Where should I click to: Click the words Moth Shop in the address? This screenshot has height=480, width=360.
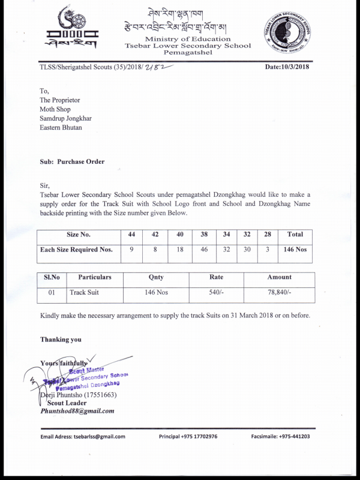point(55,110)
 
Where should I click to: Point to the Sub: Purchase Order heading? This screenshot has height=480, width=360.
point(72,161)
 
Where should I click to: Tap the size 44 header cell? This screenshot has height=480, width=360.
point(131,235)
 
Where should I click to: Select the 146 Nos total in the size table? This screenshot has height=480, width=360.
point(295,250)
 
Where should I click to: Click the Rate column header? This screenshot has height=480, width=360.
point(216,277)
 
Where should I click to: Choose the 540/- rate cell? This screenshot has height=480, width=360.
point(216,292)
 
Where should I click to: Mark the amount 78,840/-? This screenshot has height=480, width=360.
point(280,292)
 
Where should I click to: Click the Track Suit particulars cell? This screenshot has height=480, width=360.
point(84,292)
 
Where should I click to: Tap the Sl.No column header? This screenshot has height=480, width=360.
point(48,277)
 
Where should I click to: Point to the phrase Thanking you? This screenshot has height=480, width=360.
point(61,340)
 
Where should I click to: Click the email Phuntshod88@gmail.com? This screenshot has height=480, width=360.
point(77,411)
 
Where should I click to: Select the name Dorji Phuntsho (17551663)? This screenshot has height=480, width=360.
point(78,395)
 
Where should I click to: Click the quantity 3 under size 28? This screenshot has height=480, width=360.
point(268,250)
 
